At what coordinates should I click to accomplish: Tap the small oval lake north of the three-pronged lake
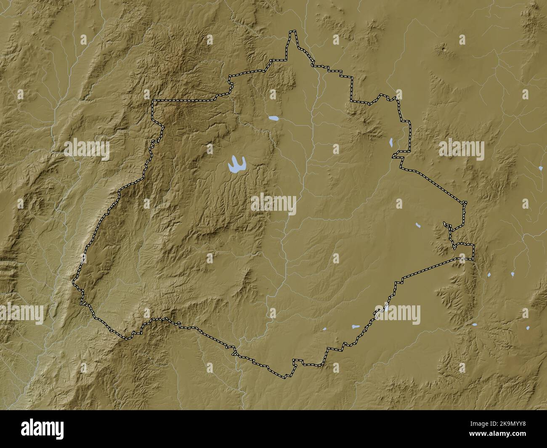click(273, 119)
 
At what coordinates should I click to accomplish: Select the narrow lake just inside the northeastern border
click(391, 143)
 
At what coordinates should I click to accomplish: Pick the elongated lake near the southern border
click(354, 326)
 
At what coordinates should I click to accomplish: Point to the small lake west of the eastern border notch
click(417, 225)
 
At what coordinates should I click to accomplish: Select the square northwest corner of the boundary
click(153, 101)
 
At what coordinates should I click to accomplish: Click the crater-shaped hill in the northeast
click(443, 50)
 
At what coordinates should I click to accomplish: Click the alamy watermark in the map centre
click(274, 204)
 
